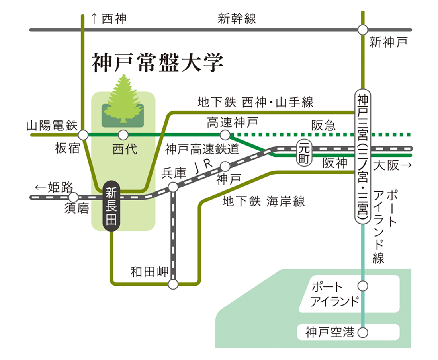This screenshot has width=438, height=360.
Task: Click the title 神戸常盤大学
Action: pos(157,62)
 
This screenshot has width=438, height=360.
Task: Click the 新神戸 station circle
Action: pos(362,30)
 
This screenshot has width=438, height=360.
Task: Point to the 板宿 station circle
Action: pos(84,135)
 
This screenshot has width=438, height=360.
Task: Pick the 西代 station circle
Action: pos(123,135)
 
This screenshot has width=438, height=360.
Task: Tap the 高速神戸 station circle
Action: pos(225,135)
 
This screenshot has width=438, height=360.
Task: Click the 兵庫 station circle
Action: pos(173,187)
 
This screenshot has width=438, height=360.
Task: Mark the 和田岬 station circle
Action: pos(173,284)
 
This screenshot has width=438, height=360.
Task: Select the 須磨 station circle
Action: pos(74,197)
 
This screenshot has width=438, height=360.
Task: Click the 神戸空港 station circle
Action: pos(362,332)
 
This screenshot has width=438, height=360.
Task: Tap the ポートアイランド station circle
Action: pos(362,286)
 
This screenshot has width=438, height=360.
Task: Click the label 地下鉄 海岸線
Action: pos(264,201)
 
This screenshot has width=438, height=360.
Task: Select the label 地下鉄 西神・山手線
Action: pos(256,103)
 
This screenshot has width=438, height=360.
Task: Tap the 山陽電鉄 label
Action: pos(51,126)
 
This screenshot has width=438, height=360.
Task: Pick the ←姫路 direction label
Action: pos(54,187)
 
